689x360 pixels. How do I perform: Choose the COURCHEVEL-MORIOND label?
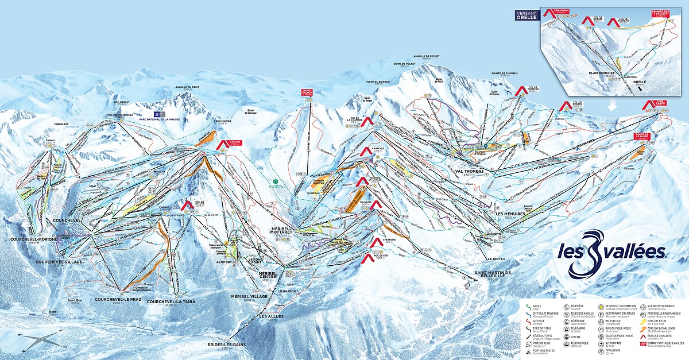click(32, 240)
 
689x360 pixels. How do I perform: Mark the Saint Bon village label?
click(76, 300)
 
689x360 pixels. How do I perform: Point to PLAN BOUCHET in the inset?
click(601, 73)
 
